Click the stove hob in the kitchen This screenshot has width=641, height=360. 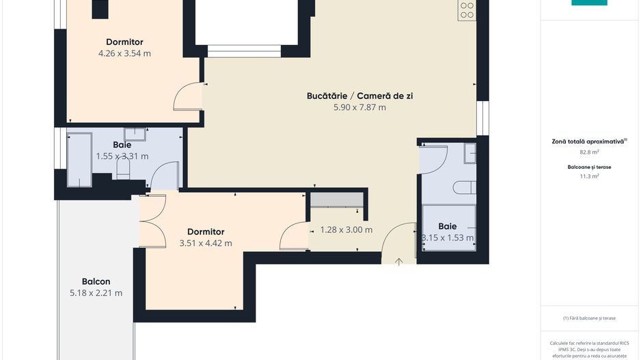point(467,10)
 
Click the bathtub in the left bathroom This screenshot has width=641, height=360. point(79,159)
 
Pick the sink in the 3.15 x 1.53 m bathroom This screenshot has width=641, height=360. point(469,154)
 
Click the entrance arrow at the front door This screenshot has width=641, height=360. point(400,260)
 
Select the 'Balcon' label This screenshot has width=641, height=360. point(96,281)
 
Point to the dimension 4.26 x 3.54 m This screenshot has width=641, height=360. point(124,53)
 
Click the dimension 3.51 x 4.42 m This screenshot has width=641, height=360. point(205,243)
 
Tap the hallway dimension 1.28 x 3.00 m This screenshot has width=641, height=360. point(346,230)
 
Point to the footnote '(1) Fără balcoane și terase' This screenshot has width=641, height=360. point(589,318)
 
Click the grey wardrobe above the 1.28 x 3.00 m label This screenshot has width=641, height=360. point(337,199)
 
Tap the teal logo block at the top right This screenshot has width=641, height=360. point(589,3)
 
